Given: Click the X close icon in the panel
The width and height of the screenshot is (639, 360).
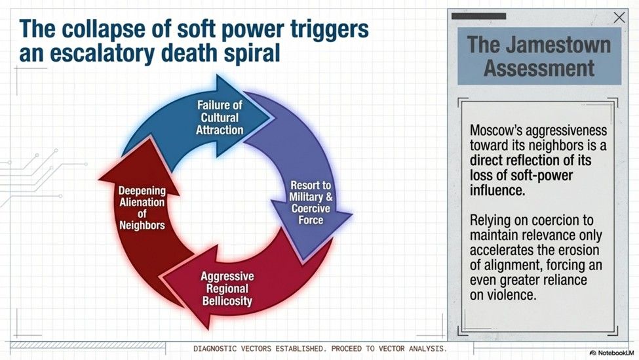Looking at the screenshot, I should click(619, 18).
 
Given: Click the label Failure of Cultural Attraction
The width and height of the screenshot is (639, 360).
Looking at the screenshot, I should click(221, 117).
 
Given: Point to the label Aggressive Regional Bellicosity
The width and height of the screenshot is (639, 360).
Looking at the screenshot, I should click(227, 289).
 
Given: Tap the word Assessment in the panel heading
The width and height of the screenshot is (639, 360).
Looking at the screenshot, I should click(539, 68).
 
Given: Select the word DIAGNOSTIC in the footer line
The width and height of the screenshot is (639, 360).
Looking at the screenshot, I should click(220, 348).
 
